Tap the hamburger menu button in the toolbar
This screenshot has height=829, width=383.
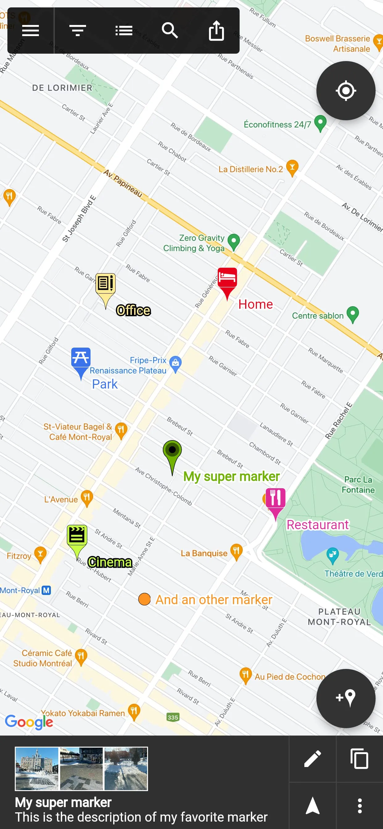pyautogui.click(x=31, y=31)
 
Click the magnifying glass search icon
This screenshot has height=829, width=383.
pyautogui.click(x=170, y=31)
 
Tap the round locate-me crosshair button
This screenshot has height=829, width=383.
pyautogui.click(x=346, y=91)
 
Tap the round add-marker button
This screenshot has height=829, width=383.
pyautogui.click(x=346, y=698)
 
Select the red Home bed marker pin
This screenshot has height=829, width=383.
pyautogui.click(x=227, y=279)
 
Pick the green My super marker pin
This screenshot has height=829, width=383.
pyautogui.click(x=172, y=451)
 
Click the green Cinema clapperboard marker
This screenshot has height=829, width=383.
pyautogui.click(x=77, y=536)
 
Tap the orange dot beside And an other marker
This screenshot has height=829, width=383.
pyautogui.click(x=144, y=599)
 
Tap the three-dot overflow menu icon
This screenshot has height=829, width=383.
pyautogui.click(x=360, y=806)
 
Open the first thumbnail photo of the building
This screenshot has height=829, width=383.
pyautogui.click(x=37, y=769)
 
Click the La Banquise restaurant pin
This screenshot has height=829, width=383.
pyautogui.click(x=236, y=551)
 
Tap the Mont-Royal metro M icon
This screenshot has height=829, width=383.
pyautogui.click(x=46, y=590)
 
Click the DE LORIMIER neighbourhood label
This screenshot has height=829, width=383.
pyautogui.click(x=62, y=88)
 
